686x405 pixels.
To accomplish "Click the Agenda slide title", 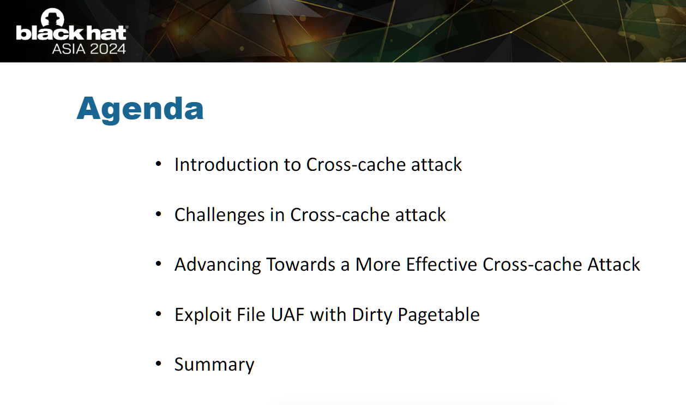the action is tap(140, 109).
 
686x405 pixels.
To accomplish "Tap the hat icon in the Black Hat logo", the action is tap(52, 17).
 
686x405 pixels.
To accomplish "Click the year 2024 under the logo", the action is tap(108, 49).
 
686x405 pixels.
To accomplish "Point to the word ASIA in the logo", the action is tap(69, 49).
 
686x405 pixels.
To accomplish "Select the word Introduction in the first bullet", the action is tap(226, 164).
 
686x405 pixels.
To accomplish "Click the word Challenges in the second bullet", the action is tap(220, 215).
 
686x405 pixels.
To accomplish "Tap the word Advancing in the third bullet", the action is tap(218, 265).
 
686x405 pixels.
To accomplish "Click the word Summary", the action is tap(214, 365).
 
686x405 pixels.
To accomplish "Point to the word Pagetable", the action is tap(438, 314).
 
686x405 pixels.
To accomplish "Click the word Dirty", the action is tap(372, 314).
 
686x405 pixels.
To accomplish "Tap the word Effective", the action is tap(441, 264).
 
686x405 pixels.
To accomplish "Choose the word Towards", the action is tap(301, 264).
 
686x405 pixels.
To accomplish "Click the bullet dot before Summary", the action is tap(158, 364).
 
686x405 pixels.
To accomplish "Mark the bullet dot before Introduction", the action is tap(158, 163).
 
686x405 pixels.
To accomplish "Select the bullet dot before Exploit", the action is tap(158, 314).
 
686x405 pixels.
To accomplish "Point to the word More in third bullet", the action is tap(378, 264).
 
